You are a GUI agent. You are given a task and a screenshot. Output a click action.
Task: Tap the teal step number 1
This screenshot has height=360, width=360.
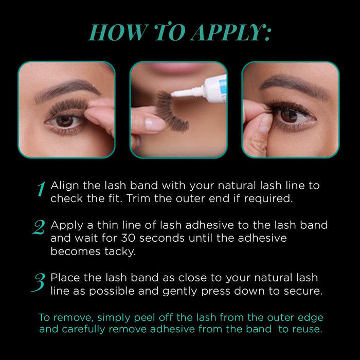point(41,189)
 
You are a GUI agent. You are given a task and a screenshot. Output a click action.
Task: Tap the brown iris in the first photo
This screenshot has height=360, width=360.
point(64,121)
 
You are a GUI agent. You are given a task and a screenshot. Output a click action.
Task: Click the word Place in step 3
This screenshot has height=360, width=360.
point(64,278)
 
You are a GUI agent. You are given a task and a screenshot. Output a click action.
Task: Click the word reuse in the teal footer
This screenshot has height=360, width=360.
point(307,330)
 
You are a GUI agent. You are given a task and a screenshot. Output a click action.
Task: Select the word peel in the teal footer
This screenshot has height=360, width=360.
point(129,317)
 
